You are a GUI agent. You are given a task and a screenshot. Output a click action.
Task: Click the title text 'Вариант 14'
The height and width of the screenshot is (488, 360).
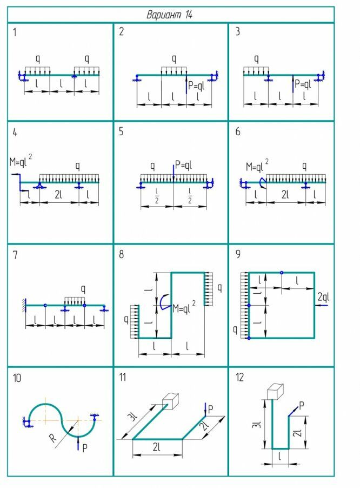[170, 15]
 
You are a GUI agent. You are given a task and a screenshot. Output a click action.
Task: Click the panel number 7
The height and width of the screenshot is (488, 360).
[16, 255]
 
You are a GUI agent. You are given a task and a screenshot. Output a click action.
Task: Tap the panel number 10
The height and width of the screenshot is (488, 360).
[17, 378]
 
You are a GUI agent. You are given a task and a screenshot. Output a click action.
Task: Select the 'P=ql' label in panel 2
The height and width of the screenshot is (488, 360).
[198, 84]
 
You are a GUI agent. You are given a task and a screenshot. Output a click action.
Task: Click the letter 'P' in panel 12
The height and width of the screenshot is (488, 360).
[301, 405]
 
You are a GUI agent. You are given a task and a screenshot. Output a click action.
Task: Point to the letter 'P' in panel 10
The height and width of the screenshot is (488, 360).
[85, 447]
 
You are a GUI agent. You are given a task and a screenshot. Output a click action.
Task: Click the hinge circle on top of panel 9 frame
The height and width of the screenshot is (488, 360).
[282, 272]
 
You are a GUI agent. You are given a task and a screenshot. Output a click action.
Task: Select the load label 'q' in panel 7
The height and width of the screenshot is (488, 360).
[83, 288]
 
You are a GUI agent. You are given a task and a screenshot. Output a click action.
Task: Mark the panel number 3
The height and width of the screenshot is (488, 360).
[237, 31]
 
